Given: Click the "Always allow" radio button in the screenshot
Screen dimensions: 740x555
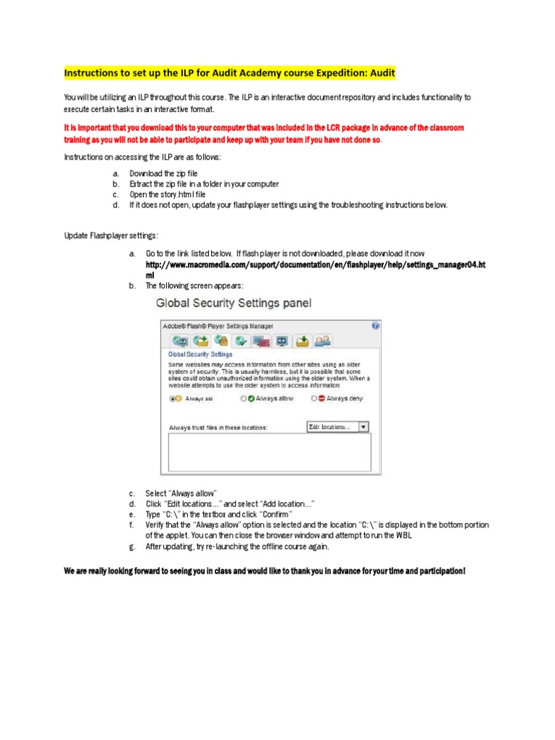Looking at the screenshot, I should click(x=244, y=398).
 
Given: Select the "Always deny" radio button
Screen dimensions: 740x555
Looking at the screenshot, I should click(x=314, y=398).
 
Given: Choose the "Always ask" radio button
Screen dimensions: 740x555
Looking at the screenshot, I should click(x=171, y=398).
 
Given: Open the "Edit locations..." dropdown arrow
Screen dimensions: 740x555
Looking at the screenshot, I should click(x=363, y=427).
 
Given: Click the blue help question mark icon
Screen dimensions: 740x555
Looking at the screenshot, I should click(x=375, y=325).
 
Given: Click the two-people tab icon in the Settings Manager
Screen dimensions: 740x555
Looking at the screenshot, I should click(x=323, y=340).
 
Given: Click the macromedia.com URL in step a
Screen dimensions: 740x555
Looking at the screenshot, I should click(x=315, y=265).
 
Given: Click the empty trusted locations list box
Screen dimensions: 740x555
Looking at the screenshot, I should click(x=270, y=452).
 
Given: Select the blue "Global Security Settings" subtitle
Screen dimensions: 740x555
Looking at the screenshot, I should click(x=200, y=355).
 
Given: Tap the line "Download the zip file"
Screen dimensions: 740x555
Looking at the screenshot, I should click(x=163, y=173).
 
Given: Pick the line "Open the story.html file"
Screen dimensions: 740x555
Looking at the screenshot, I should click(x=168, y=194).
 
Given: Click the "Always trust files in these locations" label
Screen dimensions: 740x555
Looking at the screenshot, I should click(x=218, y=427).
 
